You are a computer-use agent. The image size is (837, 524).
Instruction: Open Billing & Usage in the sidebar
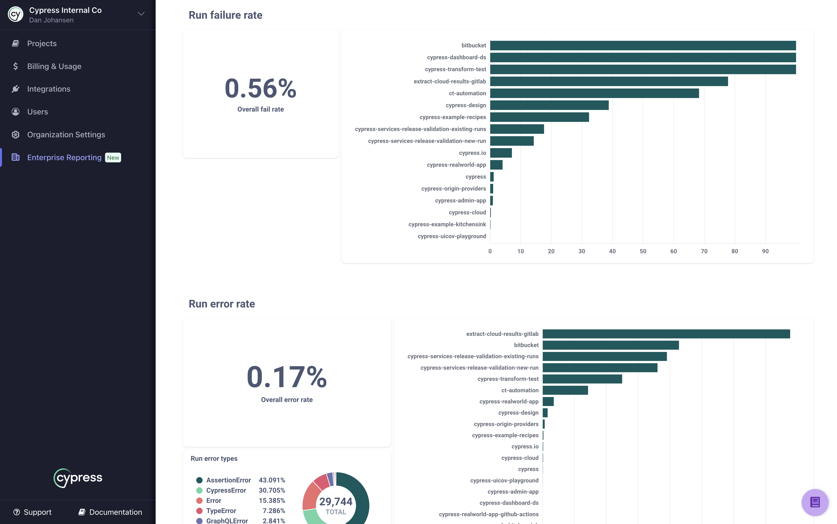(54, 66)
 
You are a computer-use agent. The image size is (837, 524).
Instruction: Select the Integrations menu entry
(49, 89)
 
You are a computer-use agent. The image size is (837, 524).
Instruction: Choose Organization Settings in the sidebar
(66, 134)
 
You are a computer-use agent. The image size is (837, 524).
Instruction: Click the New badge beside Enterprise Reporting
(113, 158)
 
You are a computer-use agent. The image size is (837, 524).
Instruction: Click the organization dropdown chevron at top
(141, 14)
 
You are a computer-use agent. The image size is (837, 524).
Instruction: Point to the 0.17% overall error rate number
(287, 377)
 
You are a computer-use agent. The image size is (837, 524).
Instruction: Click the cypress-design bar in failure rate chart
(549, 105)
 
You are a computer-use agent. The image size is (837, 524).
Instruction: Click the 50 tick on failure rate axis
(643, 251)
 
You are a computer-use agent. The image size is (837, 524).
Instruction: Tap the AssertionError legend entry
(228, 480)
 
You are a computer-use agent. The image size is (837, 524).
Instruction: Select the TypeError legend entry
(221, 510)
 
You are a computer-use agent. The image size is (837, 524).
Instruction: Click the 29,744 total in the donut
(336, 501)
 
